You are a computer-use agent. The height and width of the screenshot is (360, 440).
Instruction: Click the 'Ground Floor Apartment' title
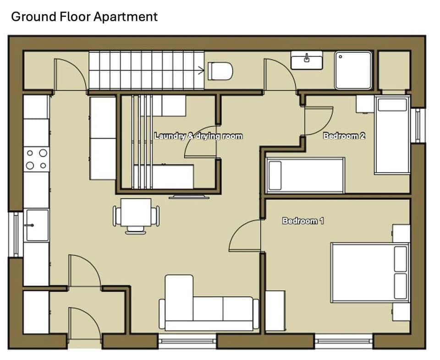coord(84,17)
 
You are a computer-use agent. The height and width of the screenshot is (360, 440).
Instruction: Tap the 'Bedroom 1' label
coord(303,221)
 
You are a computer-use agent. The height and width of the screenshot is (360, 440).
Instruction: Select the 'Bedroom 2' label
coord(344,136)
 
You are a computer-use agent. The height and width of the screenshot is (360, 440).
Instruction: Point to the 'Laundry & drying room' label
coord(198,136)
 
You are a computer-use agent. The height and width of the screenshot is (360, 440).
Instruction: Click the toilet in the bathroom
coord(220,71)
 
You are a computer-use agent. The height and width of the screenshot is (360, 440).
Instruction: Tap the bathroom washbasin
coord(307,60)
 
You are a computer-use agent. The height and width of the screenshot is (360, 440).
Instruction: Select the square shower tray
coord(353,70)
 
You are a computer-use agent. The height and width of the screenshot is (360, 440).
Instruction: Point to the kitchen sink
coord(37,224)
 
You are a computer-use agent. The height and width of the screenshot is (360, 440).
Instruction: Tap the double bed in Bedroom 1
coord(369,273)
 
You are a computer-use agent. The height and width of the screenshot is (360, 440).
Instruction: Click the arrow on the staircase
coord(201,70)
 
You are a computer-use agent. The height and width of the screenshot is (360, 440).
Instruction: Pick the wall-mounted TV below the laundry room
coord(189,197)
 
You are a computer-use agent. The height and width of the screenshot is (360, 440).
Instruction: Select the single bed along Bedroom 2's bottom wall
coord(305,175)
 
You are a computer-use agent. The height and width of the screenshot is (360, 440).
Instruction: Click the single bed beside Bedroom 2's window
coord(391,135)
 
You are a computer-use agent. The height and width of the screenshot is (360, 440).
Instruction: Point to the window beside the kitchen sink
coord(16,234)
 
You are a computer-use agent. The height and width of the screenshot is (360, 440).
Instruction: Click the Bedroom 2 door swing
coord(318,121)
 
